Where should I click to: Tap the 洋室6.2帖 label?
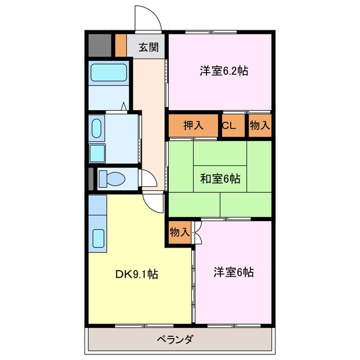[223, 71]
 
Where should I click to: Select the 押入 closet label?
[192, 125]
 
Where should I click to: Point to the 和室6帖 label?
[220, 179]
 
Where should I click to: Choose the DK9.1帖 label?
[136, 274]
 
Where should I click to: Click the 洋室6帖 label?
[233, 273]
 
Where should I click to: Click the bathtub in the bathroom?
[109, 73]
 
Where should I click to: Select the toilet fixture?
[111, 179]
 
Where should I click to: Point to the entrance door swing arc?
[148, 17]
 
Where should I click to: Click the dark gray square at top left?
[98, 46]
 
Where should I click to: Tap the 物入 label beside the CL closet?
[259, 125]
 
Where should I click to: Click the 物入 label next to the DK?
[179, 232]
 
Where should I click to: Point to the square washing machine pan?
[97, 152]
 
